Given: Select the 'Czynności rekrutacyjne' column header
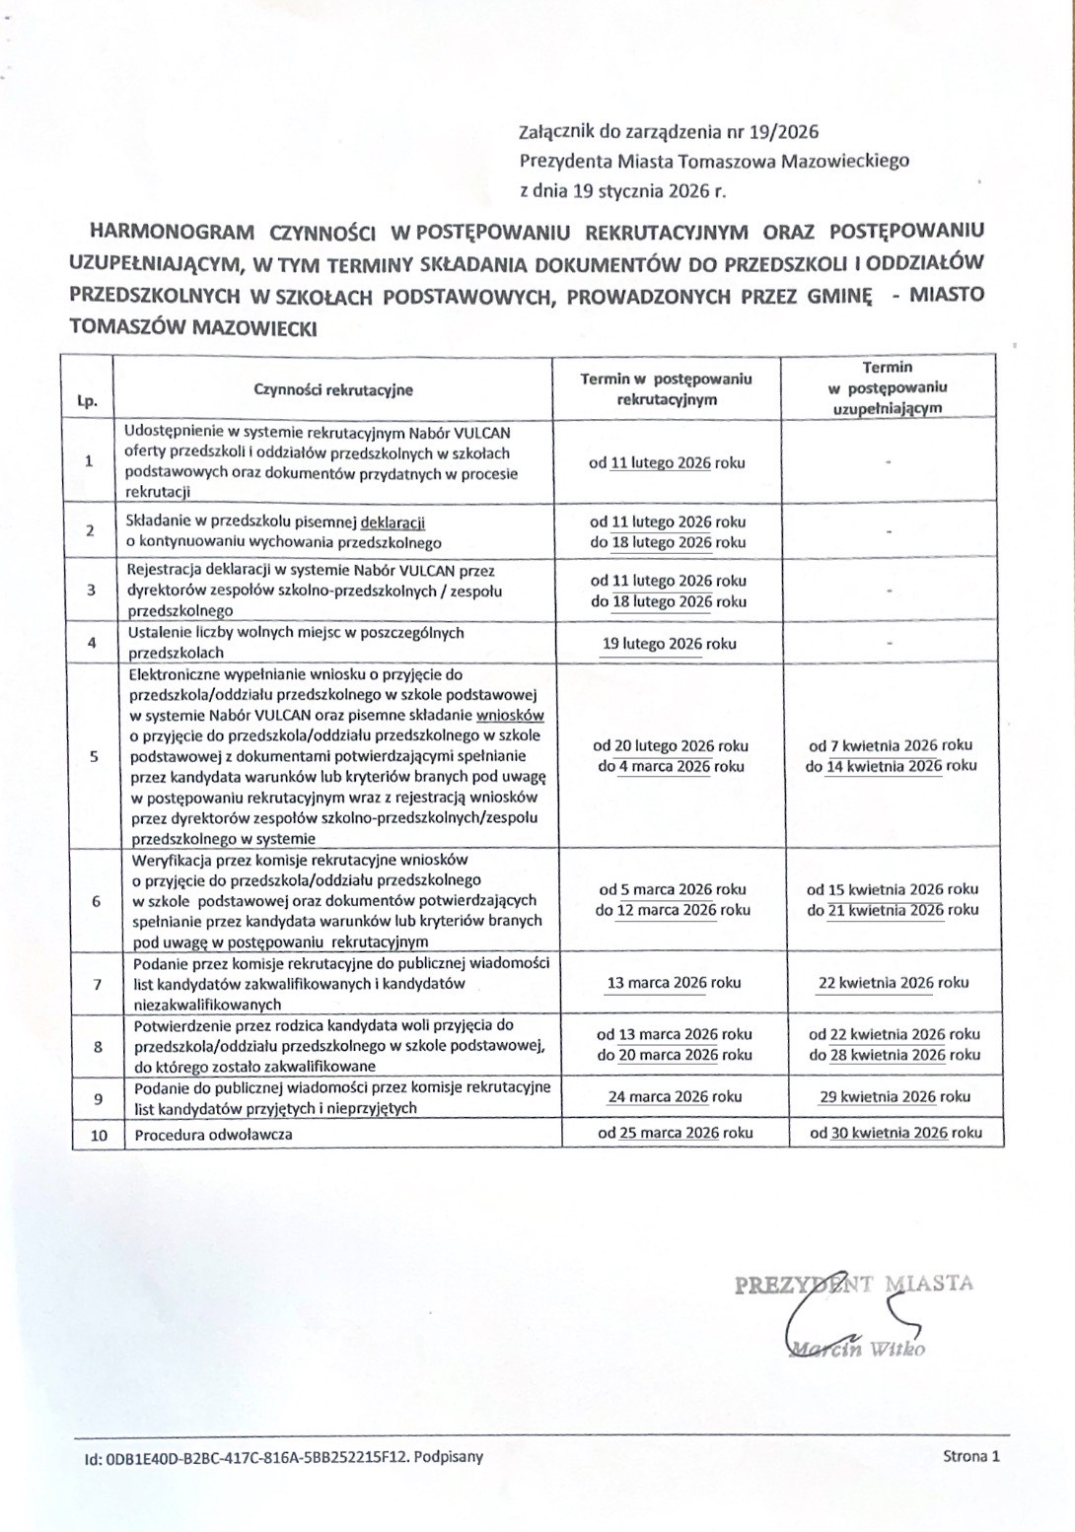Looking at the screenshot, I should pos(333,389).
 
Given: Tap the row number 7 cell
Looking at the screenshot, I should pos(96,984).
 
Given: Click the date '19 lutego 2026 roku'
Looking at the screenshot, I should pos(670,644).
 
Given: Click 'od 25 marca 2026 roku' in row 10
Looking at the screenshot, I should pos(676,1133).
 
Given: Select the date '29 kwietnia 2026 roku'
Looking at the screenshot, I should pos(895,1096).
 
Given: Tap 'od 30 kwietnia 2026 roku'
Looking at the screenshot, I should pos(896,1133).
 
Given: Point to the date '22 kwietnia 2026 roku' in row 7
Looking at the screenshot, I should pos(894,982).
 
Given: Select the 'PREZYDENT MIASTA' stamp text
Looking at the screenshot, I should pos(854,1284).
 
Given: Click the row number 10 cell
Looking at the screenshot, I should pos(98,1135).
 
